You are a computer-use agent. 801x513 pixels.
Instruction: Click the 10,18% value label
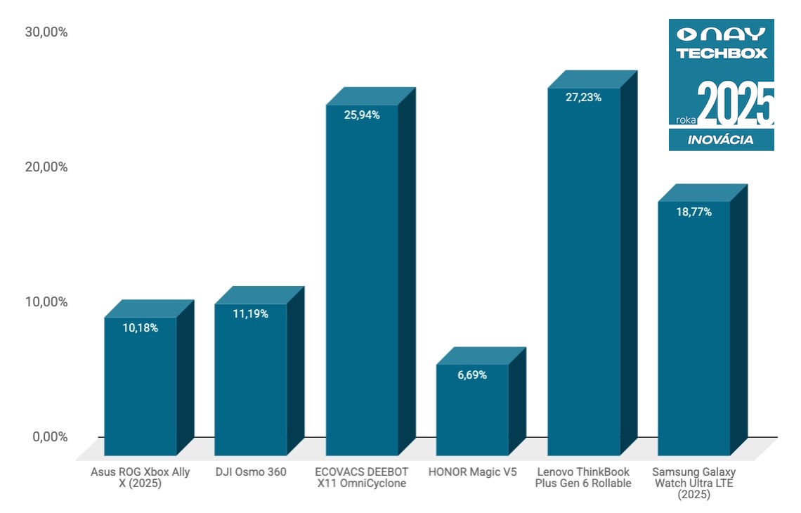point(140,327)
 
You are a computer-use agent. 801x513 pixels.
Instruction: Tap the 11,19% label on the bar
point(250,314)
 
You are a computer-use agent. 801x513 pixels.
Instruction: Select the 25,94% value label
point(362,115)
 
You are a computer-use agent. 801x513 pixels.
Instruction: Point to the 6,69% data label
point(472,375)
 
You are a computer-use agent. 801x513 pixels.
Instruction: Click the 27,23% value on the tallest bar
point(583,98)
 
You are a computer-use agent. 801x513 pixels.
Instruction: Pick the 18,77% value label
point(693,212)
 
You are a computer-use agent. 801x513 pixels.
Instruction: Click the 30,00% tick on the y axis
point(46,32)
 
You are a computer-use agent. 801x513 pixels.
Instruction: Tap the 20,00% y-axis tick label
point(46,167)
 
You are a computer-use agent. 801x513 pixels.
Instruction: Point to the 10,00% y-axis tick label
point(46,302)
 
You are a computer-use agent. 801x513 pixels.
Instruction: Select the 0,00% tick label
point(49,437)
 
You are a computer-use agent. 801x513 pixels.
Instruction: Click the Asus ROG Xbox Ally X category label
point(141,478)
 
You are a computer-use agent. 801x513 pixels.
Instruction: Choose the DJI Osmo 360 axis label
point(251,472)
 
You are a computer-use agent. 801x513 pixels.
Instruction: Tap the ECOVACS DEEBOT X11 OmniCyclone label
point(362,478)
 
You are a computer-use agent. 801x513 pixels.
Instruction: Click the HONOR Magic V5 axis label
point(472,472)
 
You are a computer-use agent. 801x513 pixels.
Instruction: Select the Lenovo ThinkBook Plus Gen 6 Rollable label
point(583,478)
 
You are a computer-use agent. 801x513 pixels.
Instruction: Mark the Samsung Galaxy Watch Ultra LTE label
point(693,483)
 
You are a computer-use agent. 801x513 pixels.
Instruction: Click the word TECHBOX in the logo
point(722,53)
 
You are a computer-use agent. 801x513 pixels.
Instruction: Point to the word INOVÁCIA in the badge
point(720,140)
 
